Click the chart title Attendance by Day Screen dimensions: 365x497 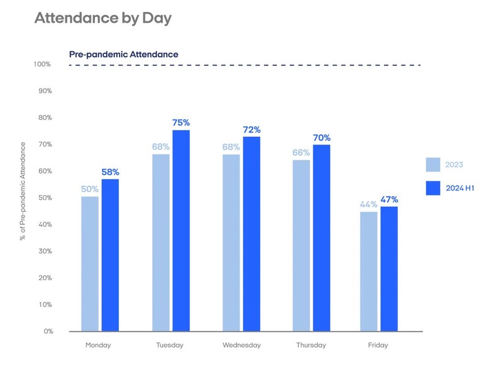tap(103, 18)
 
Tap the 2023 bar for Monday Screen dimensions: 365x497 tap(90, 264)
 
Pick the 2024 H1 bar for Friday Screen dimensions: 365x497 tap(389, 268)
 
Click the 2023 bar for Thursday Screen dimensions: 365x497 tap(301, 246)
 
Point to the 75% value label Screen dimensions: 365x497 tap(181, 123)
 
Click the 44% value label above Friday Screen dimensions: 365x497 tap(368, 204)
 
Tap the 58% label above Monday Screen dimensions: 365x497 tap(110, 172)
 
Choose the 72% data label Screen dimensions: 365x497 tap(252, 130)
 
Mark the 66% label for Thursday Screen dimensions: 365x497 tap(301, 153)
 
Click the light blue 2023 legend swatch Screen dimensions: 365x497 tap(433, 165)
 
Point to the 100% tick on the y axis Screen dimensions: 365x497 tap(43, 65)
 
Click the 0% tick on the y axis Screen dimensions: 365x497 tap(48, 331)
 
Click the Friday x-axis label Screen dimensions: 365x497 tap(378, 345)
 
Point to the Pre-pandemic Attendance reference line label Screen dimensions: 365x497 tap(123, 55)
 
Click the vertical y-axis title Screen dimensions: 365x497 tap(23, 192)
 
